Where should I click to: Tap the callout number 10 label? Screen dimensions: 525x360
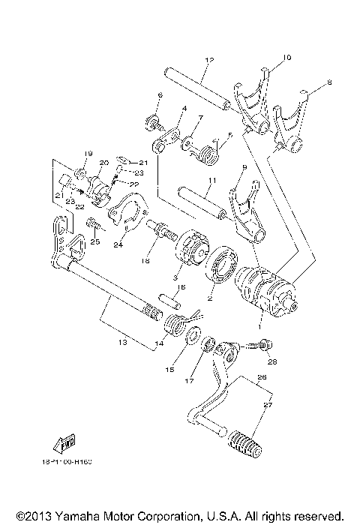286,57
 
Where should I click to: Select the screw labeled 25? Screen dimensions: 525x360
93,223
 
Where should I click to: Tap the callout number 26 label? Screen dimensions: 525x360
260,378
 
